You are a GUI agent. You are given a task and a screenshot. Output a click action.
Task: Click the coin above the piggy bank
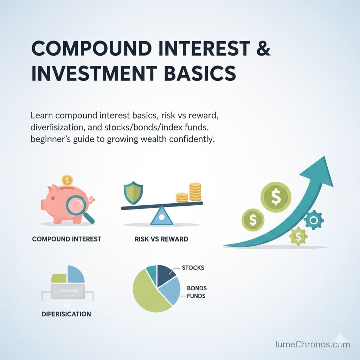66,180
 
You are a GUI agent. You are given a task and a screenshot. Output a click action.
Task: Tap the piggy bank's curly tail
92,201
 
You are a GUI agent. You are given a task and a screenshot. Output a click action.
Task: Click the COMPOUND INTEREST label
66,239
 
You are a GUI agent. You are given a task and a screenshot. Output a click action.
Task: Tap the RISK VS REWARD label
161,239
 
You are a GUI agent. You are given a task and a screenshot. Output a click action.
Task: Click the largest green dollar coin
276,198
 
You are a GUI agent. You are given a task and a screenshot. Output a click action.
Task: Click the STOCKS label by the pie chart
193,268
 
